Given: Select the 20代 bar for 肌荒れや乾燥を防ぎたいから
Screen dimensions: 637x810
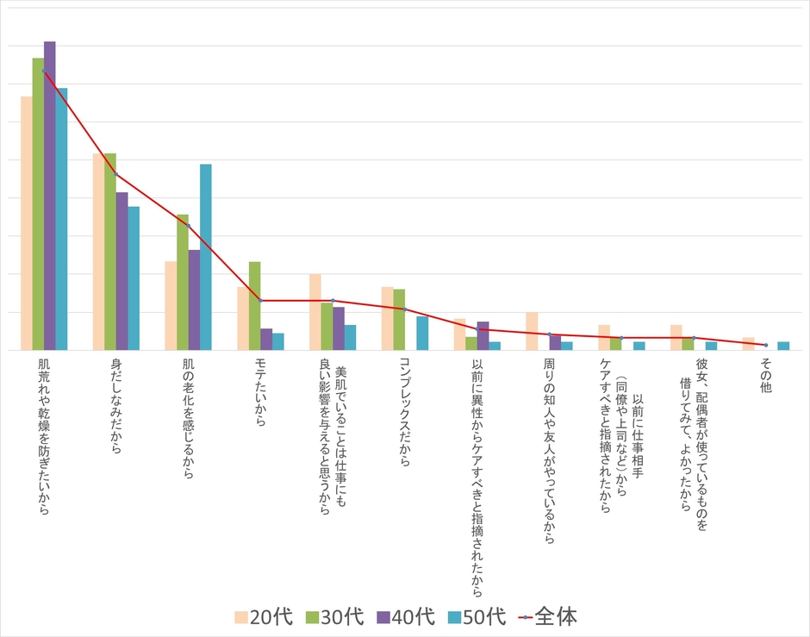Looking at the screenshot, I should click(x=27, y=223).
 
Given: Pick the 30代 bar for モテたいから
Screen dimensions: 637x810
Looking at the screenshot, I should click(x=254, y=306).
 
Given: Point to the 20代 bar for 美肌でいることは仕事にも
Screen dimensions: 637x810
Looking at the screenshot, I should click(x=315, y=312).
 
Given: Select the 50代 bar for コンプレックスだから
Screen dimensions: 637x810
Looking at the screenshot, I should click(x=422, y=333).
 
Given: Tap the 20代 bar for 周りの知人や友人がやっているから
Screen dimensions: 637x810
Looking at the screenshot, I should click(x=532, y=331).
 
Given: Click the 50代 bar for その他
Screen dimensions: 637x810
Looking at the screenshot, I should click(x=783, y=346).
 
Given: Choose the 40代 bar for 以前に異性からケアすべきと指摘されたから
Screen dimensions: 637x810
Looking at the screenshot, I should click(x=483, y=335).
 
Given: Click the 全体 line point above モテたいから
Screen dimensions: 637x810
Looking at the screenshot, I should click(x=260, y=300).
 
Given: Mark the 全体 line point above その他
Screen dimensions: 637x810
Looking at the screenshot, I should click(x=765, y=345).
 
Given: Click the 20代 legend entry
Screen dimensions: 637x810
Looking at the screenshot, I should click(x=264, y=616).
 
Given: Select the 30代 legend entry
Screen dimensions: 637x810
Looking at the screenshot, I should click(x=334, y=616).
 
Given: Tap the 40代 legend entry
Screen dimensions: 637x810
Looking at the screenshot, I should click(x=405, y=616).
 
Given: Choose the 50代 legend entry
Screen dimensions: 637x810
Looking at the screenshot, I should click(x=477, y=616).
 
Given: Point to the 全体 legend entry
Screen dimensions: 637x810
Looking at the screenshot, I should click(x=546, y=616).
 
